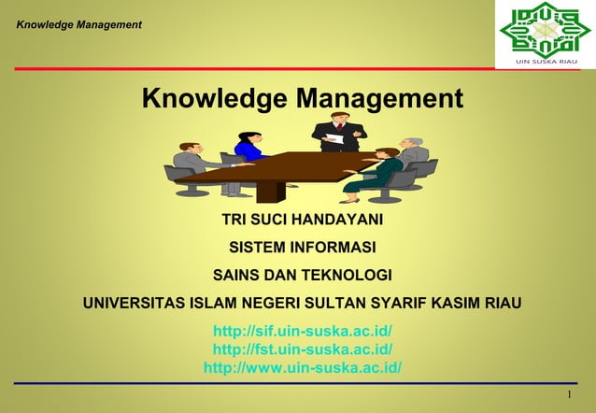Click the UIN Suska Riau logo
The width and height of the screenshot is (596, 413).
[546, 34]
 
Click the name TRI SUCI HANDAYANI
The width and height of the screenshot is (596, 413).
[302, 221]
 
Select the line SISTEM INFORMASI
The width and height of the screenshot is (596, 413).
[302, 248]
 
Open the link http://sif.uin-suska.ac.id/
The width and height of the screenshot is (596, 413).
[302, 331]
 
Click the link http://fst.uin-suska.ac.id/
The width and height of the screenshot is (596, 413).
[302, 349]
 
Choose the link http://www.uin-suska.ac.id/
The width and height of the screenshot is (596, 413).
[302, 366]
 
